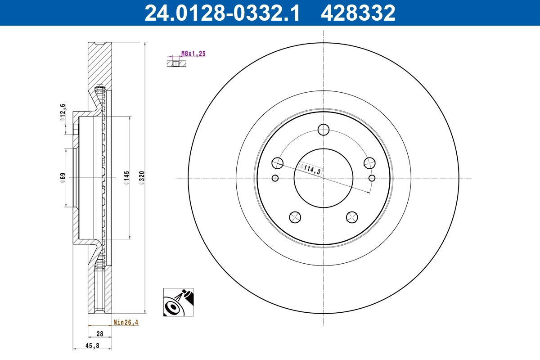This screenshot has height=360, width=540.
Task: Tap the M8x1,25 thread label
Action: pyautogui.click(x=193, y=54)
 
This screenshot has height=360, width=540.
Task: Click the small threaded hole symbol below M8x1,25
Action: pyautogui.click(x=176, y=63)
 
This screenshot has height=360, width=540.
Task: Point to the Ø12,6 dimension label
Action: pyautogui.click(x=63, y=112)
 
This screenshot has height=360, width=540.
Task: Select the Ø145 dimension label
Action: pyautogui.click(x=126, y=178)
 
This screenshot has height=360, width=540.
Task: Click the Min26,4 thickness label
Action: pyautogui.click(x=126, y=322)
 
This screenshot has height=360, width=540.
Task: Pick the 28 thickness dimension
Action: pyautogui.click(x=99, y=334)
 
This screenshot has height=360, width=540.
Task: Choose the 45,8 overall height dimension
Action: pyautogui.click(x=92, y=345)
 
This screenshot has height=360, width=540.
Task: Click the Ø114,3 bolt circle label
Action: pyautogui.click(x=310, y=169)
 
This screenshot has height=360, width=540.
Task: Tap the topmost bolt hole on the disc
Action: pyautogui.click(x=323, y=130)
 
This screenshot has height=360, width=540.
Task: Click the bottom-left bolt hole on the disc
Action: pyautogui.click(x=295, y=217)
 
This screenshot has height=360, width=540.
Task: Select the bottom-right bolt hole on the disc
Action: pyautogui.click(x=351, y=217)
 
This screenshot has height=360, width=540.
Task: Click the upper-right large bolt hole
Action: pyautogui.click(x=369, y=163)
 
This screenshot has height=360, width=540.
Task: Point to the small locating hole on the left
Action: pyautogui.click(x=275, y=178)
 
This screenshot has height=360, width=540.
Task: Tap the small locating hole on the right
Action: pyautogui.click(x=372, y=178)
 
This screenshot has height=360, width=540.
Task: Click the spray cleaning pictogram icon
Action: pyautogui.click(x=179, y=302)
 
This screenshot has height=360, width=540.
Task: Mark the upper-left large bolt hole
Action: pyautogui.click(x=278, y=163)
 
